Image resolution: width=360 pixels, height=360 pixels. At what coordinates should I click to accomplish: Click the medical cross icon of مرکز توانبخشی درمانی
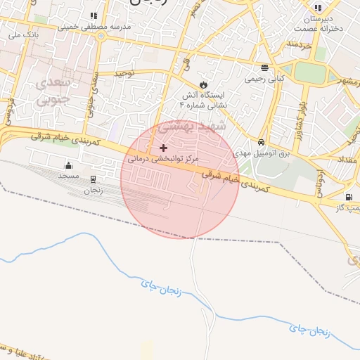pyautogui.click(x=164, y=148)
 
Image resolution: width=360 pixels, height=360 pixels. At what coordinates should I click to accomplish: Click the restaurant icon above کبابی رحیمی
pyautogui.click(x=264, y=68)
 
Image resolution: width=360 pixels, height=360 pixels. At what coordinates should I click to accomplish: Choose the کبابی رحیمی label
pyautogui.click(x=264, y=79)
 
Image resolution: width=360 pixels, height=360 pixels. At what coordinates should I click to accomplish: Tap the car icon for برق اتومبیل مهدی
pyautogui.click(x=262, y=141)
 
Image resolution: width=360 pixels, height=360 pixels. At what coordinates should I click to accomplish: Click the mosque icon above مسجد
pyautogui.click(x=68, y=166)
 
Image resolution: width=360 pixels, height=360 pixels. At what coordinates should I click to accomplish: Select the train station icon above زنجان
pyautogui.click(x=94, y=179)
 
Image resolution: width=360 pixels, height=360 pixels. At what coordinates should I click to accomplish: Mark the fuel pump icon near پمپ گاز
pyautogui.click(x=349, y=197)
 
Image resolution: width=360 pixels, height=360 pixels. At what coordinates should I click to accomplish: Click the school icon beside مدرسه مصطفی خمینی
pyautogui.click(x=94, y=15)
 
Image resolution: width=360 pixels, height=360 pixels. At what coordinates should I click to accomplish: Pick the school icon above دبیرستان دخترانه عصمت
pyautogui.click(x=319, y=8)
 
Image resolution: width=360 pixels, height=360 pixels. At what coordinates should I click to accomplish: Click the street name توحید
pyautogui.click(x=124, y=72)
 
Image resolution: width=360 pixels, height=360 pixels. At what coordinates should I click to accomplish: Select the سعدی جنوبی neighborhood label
pyautogui.click(x=51, y=91)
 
